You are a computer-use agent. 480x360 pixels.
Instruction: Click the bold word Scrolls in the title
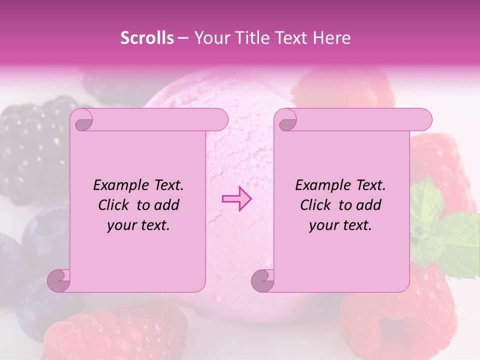pos(147,38)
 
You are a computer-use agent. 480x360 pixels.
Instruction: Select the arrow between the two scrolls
pos(236,199)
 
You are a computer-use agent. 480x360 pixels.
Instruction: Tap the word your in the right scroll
pos(322,225)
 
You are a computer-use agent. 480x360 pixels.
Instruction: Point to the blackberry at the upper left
pos(30,145)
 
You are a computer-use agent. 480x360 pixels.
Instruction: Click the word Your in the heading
pos(210,38)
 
